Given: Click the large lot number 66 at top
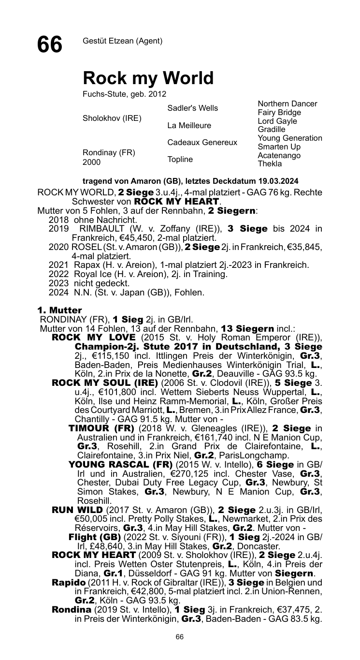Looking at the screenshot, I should [x=50, y=45].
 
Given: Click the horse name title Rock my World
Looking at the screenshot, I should [x=148, y=78].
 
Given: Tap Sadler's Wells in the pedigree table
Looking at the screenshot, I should [x=192, y=108].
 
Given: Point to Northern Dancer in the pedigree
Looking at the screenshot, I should [x=288, y=104].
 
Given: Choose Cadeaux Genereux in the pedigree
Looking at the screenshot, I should [x=202, y=143].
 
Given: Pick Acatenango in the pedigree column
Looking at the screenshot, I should [x=279, y=156].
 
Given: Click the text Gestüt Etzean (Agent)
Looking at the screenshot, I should [x=122, y=41].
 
